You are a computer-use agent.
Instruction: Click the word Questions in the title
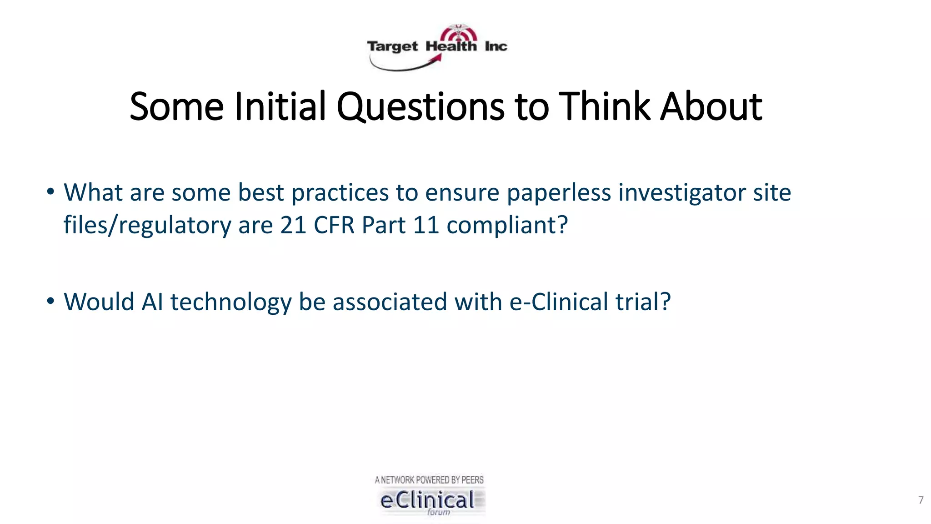tap(420, 107)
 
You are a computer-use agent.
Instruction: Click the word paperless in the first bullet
tap(559, 193)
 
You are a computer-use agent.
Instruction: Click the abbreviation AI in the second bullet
tap(152, 302)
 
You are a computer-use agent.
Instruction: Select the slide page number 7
tap(921, 500)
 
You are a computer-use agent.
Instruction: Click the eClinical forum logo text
tap(428, 500)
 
